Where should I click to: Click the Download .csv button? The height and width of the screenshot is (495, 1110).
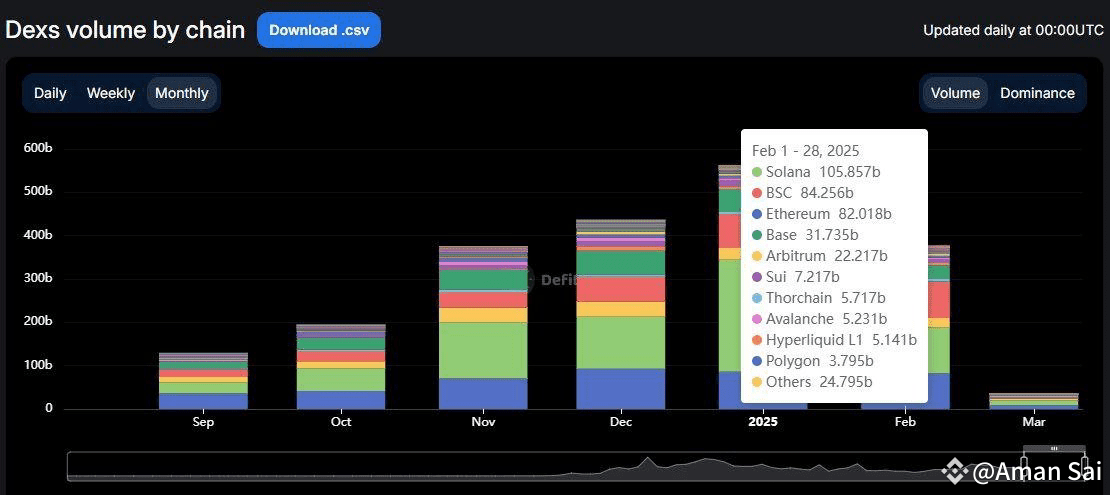pos(318,30)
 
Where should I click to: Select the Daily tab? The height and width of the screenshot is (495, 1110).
pos(50,93)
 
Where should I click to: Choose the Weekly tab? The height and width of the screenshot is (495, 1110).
pos(110,93)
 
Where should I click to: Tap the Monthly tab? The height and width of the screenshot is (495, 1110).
pos(182,93)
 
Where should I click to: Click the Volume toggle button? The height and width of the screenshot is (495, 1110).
pos(955,93)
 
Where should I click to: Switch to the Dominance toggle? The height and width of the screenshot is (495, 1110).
pos(1037,93)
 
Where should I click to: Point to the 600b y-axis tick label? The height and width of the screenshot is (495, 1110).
pos(38,148)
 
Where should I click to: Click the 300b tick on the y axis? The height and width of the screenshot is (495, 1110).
pos(38,278)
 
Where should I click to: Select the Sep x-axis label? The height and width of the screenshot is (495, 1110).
pos(203,422)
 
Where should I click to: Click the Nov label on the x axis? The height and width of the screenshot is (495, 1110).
pos(483,422)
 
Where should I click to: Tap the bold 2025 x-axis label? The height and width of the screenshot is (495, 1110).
pos(762,422)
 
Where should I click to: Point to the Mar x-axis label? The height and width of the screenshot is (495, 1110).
pos(1034,422)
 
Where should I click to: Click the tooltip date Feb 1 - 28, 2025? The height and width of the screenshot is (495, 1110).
pos(805,151)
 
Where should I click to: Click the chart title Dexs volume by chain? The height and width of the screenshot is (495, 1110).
pos(125,30)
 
